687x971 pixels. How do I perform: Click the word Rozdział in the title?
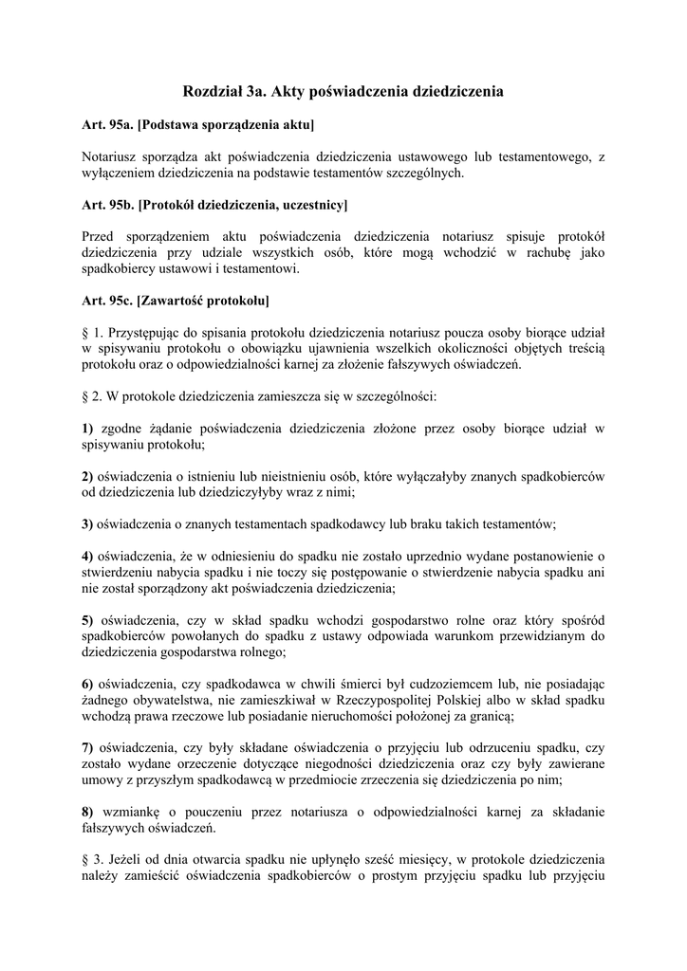coord(211,92)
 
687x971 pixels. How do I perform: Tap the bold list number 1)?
coord(87,429)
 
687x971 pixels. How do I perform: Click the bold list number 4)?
coord(87,556)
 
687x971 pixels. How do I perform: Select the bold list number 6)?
coord(87,684)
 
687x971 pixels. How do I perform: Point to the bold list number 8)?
coord(87,812)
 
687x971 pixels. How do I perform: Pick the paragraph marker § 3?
coord(91,858)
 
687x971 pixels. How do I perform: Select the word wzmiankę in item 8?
coord(128,812)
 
